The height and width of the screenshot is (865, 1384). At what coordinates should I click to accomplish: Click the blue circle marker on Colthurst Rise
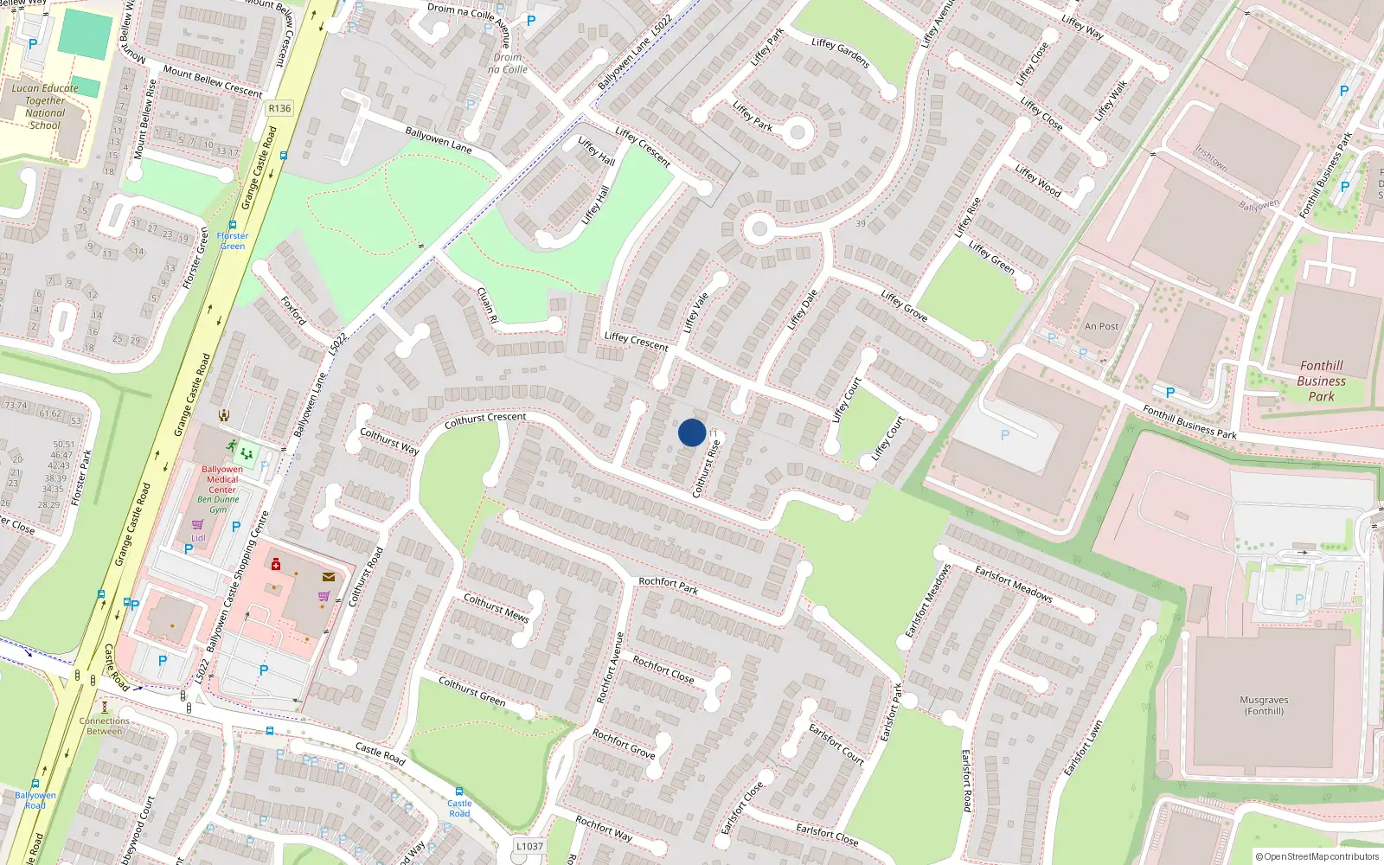(x=692, y=432)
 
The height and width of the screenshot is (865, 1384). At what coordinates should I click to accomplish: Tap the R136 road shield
(x=279, y=108)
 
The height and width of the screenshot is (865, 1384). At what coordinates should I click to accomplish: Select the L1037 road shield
(x=529, y=846)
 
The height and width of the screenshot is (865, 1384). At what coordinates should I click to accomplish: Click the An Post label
(x=1101, y=326)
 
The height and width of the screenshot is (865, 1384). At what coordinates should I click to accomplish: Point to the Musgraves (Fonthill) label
(x=1264, y=706)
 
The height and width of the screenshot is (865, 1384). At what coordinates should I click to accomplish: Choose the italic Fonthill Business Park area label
(x=1321, y=381)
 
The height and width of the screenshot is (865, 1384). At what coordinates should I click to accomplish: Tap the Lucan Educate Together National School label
(x=45, y=106)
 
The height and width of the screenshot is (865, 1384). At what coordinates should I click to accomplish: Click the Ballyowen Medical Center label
(x=222, y=479)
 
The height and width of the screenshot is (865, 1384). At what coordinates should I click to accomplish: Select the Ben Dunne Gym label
(x=218, y=503)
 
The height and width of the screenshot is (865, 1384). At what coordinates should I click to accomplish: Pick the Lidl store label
(x=198, y=537)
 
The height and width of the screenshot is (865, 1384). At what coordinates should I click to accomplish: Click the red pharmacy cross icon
(x=276, y=565)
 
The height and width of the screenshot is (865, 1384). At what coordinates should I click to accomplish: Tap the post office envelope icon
(x=329, y=577)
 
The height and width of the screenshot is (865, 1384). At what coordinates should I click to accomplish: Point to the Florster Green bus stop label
(x=232, y=240)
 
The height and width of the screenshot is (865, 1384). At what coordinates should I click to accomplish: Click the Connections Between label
(x=105, y=726)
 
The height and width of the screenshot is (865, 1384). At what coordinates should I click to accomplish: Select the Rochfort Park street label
(x=668, y=586)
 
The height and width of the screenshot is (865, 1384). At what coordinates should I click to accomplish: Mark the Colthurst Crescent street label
(x=484, y=420)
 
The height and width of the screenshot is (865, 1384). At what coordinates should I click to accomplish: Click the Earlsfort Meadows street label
(x=1013, y=583)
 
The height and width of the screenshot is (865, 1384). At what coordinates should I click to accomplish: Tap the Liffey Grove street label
(x=904, y=306)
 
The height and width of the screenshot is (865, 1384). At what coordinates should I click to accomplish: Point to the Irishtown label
(x=1211, y=157)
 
